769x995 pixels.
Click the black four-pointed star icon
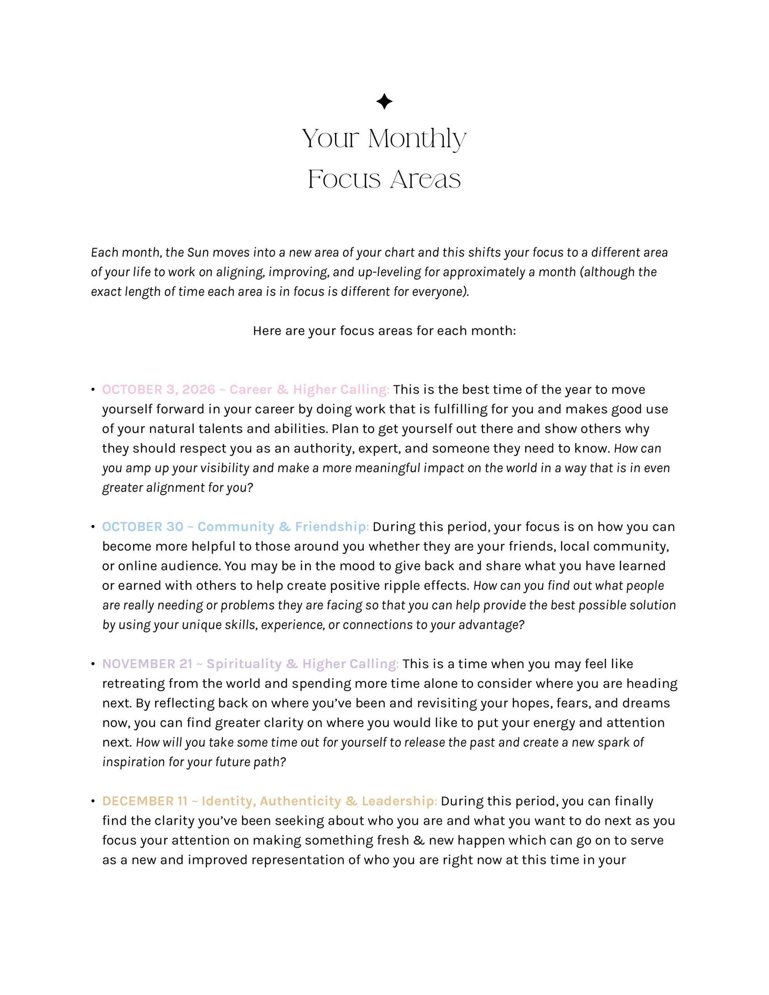coord(384,101)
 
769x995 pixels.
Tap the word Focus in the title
coord(344,179)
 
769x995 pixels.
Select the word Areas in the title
coord(425,179)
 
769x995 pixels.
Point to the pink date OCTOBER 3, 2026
coord(159,389)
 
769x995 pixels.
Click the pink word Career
coord(251,389)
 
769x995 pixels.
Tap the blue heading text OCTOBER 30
coord(143,527)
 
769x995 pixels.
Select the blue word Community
coord(236,527)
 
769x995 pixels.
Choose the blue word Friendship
coord(331,527)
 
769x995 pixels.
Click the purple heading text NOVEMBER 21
coord(147,664)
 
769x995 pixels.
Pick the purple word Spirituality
coord(244,664)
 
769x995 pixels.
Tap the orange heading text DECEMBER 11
coord(145,801)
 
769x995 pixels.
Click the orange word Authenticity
coord(301,801)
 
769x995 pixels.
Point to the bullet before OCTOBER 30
coord(93,527)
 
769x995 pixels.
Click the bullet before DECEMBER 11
coord(93,801)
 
